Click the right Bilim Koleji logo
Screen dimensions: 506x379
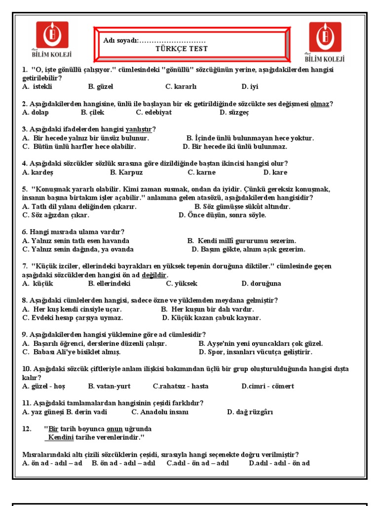pos(325,42)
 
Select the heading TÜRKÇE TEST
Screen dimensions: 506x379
pos(182,49)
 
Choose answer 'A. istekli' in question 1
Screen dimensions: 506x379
pos(37,86)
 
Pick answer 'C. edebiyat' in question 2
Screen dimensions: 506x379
pos(153,112)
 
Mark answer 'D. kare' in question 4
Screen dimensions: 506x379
pos(275,172)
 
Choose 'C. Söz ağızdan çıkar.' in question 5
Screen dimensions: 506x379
pos(56,215)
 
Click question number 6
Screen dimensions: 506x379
pos(25,232)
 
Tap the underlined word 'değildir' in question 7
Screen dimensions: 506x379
pos(154,275)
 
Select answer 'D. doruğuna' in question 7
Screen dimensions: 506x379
pos(261,284)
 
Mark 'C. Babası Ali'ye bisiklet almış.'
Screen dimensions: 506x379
pos(71,352)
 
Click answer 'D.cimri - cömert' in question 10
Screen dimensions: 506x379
pos(267,386)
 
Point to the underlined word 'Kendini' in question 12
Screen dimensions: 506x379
pos(61,438)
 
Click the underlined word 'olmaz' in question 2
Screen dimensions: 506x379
pos(319,104)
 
